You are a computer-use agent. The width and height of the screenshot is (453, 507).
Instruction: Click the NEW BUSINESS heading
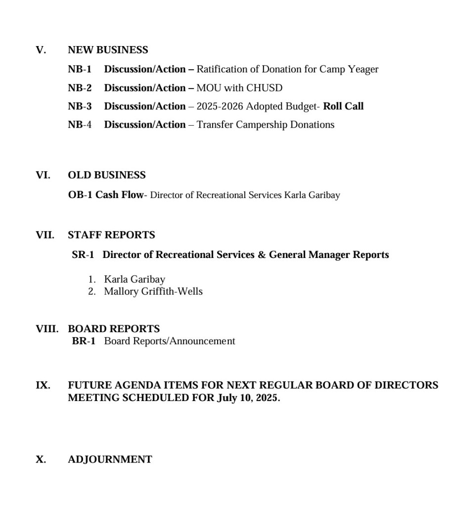coord(108,50)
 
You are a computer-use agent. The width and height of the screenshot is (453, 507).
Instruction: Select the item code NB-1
coord(80,69)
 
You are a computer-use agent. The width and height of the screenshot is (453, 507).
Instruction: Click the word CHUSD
coord(265,88)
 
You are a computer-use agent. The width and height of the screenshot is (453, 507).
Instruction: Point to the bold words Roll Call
coord(343,106)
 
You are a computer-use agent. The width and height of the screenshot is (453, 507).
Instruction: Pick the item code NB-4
coord(80,125)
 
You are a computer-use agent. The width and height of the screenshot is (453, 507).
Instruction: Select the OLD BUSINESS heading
coord(107,175)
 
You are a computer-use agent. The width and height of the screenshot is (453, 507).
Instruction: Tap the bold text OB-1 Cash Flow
coord(105,195)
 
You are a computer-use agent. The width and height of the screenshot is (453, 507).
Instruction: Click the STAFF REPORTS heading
coord(111,235)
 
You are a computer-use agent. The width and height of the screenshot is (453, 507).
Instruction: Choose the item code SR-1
coord(83,255)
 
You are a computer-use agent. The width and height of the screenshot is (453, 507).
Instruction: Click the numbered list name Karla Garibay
coord(135,280)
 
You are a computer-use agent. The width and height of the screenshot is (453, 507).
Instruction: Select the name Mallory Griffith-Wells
coord(153,292)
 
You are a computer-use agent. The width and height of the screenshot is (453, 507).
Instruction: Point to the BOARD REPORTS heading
coord(114,329)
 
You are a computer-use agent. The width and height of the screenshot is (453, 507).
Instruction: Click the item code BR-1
coord(84,341)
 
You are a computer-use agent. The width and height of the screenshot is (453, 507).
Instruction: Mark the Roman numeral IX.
coord(43,385)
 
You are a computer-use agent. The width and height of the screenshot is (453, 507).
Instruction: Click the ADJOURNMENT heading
coord(110,459)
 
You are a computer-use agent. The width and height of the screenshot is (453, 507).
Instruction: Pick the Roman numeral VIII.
coord(47,329)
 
